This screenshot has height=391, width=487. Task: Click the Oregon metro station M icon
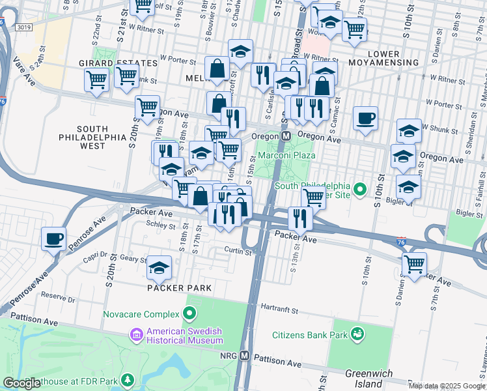click(286, 136)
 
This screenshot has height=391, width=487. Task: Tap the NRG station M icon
click(245, 356)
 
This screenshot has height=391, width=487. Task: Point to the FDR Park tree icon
click(129, 379)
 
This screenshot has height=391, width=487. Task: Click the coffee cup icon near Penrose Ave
click(53, 238)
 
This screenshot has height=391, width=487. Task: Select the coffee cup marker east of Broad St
click(365, 119)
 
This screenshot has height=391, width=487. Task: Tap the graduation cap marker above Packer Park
click(159, 267)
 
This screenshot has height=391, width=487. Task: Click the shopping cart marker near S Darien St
click(414, 264)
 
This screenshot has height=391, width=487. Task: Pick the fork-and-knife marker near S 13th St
click(299, 218)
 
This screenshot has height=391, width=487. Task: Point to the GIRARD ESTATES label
click(118, 63)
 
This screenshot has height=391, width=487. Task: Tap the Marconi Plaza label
click(286, 155)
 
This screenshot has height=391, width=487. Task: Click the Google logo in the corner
click(21, 383)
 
